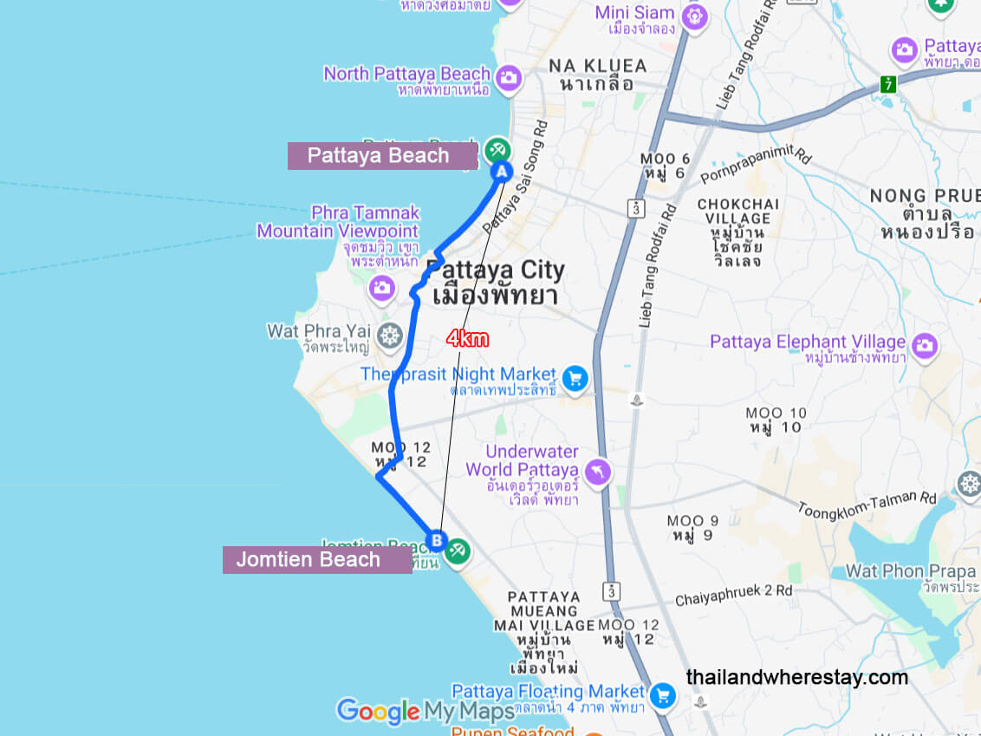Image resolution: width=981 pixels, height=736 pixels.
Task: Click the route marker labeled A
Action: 502,172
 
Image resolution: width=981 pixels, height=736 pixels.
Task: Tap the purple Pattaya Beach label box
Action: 382,156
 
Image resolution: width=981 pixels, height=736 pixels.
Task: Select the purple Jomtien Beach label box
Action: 317,559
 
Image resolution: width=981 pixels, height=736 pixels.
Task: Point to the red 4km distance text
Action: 468,339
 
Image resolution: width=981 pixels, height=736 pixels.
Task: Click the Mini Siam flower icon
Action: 694,16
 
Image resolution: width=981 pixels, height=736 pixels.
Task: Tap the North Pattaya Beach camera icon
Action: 509,78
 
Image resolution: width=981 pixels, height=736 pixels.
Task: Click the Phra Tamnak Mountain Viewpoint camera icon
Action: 382,287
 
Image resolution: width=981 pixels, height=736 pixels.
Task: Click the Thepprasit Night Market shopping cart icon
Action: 574,378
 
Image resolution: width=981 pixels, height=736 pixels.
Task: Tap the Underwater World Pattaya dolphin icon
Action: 598,472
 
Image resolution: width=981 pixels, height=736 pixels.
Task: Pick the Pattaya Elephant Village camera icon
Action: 925,345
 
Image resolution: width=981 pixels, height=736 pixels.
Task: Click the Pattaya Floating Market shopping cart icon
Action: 663,694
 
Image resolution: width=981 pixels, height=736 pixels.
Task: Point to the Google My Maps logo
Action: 425,712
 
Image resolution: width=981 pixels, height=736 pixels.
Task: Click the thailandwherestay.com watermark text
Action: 797,677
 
